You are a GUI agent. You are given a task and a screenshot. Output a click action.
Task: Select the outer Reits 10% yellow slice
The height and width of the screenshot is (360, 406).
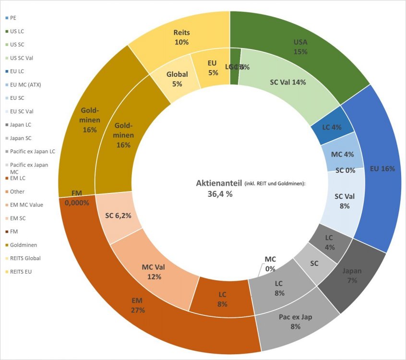(181, 37)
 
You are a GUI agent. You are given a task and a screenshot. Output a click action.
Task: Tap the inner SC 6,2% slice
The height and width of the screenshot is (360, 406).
(118, 216)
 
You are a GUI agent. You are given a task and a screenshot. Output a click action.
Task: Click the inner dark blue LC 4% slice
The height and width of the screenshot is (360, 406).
(332, 126)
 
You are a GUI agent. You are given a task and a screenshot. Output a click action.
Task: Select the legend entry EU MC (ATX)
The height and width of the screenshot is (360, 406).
(26, 84)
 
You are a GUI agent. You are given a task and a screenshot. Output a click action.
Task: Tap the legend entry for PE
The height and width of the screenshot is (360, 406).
(13, 18)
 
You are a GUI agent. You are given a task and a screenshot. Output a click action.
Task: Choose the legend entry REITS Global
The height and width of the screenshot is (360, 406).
(25, 258)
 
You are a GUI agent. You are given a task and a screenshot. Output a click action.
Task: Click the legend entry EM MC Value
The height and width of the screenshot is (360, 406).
(26, 205)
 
